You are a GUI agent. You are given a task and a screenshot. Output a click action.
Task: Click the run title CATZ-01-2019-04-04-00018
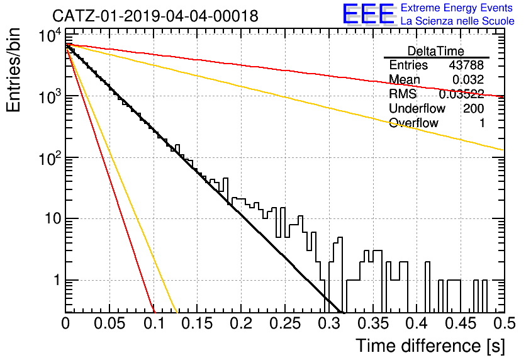pyautogui.click(x=155, y=16)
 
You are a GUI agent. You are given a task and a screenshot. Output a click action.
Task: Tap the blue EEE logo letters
pyautogui.click(x=369, y=14)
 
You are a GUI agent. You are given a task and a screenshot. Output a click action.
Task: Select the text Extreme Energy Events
pyautogui.click(x=457, y=8)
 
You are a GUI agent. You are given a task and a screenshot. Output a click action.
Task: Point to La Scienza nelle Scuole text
pyautogui.click(x=457, y=21)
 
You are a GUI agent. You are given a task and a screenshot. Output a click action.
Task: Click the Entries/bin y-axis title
pyautogui.click(x=13, y=70)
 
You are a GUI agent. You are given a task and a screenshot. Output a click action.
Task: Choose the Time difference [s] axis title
pyautogui.click(x=430, y=346)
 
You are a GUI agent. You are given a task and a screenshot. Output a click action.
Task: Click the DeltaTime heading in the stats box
pyautogui.click(x=435, y=51)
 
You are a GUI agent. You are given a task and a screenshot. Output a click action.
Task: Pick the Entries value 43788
pyautogui.click(x=466, y=65)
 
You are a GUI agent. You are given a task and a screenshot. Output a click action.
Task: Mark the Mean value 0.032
pyautogui.click(x=468, y=79)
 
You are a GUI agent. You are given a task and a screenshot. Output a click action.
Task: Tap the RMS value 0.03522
pyautogui.click(x=461, y=94)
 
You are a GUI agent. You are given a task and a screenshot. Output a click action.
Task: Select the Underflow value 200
pyautogui.click(x=473, y=108)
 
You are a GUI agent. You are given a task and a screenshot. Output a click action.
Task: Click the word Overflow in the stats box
pyautogui.click(x=413, y=123)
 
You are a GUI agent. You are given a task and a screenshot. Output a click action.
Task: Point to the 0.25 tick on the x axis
pyautogui.click(x=285, y=323)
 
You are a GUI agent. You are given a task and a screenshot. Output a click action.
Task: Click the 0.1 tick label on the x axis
pyautogui.click(x=154, y=323)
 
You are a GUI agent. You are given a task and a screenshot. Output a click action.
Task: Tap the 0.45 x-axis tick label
pyautogui.click(x=461, y=323)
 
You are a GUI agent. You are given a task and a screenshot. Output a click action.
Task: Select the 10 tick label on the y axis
pyautogui.click(x=53, y=218)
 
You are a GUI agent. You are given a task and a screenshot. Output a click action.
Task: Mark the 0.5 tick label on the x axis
pyautogui.click(x=505, y=323)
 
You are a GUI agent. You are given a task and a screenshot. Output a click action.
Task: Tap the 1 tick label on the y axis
pyautogui.click(x=57, y=280)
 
